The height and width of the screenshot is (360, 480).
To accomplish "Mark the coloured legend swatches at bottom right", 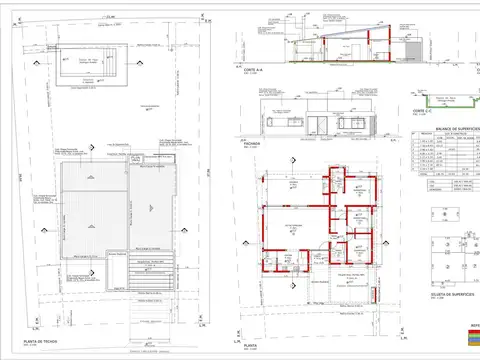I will point(471,339).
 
